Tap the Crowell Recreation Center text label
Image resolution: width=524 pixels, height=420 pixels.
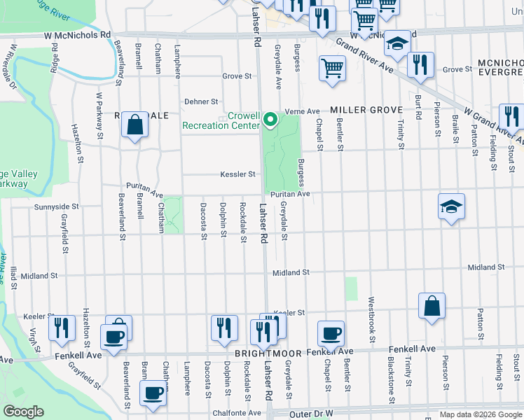click(x=220, y=121)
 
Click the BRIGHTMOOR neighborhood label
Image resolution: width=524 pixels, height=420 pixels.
click(x=263, y=354)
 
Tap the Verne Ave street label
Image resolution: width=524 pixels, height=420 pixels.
click(x=303, y=111)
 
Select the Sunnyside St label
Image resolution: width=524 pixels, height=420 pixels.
click(x=57, y=207)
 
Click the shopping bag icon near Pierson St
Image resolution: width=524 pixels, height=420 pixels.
click(x=432, y=306)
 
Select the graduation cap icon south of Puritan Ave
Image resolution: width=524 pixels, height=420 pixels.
click(x=452, y=206)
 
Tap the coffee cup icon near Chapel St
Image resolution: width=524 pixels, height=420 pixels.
click(x=330, y=333)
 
